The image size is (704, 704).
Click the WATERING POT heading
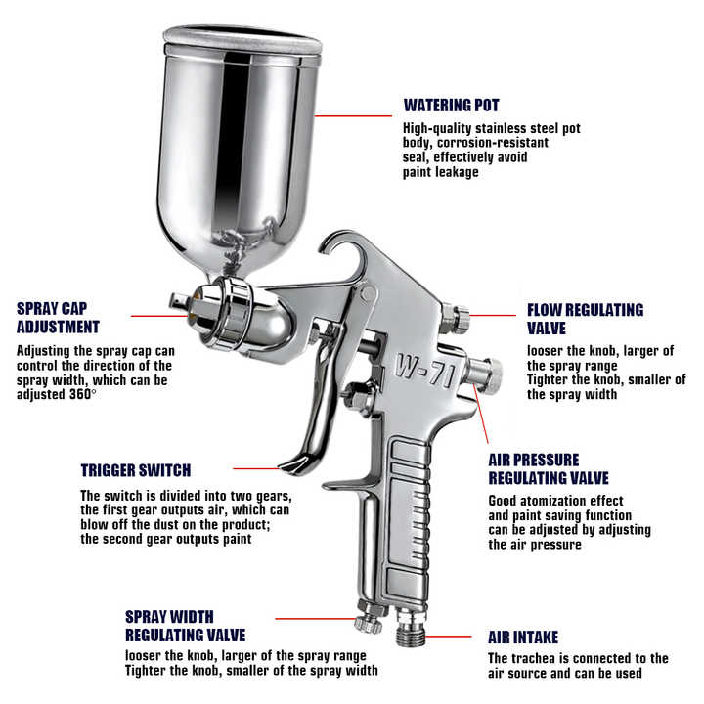pyautogui.click(x=451, y=105)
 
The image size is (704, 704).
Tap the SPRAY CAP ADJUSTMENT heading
pyautogui.click(x=58, y=318)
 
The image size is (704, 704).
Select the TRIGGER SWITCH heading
pyautogui.click(x=136, y=470)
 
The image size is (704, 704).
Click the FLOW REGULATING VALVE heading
pyautogui.click(x=585, y=319)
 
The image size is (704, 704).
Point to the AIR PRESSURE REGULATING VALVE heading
pyautogui.click(x=549, y=468)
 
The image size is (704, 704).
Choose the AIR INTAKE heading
pyautogui.click(x=523, y=638)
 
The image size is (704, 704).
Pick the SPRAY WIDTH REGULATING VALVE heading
pyautogui.click(x=185, y=626)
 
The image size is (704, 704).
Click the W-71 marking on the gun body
pyautogui.click(x=424, y=371)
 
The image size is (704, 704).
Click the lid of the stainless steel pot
pyautogui.click(x=242, y=40)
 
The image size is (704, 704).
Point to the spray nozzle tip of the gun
pyautogui.click(x=179, y=300)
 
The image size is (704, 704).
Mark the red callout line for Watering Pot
pyautogui.click(x=353, y=115)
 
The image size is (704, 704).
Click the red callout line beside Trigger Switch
pyautogui.click(x=256, y=468)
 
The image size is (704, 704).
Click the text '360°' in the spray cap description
pyautogui.click(x=82, y=394)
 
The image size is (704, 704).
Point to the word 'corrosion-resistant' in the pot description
pyautogui.click(x=493, y=143)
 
